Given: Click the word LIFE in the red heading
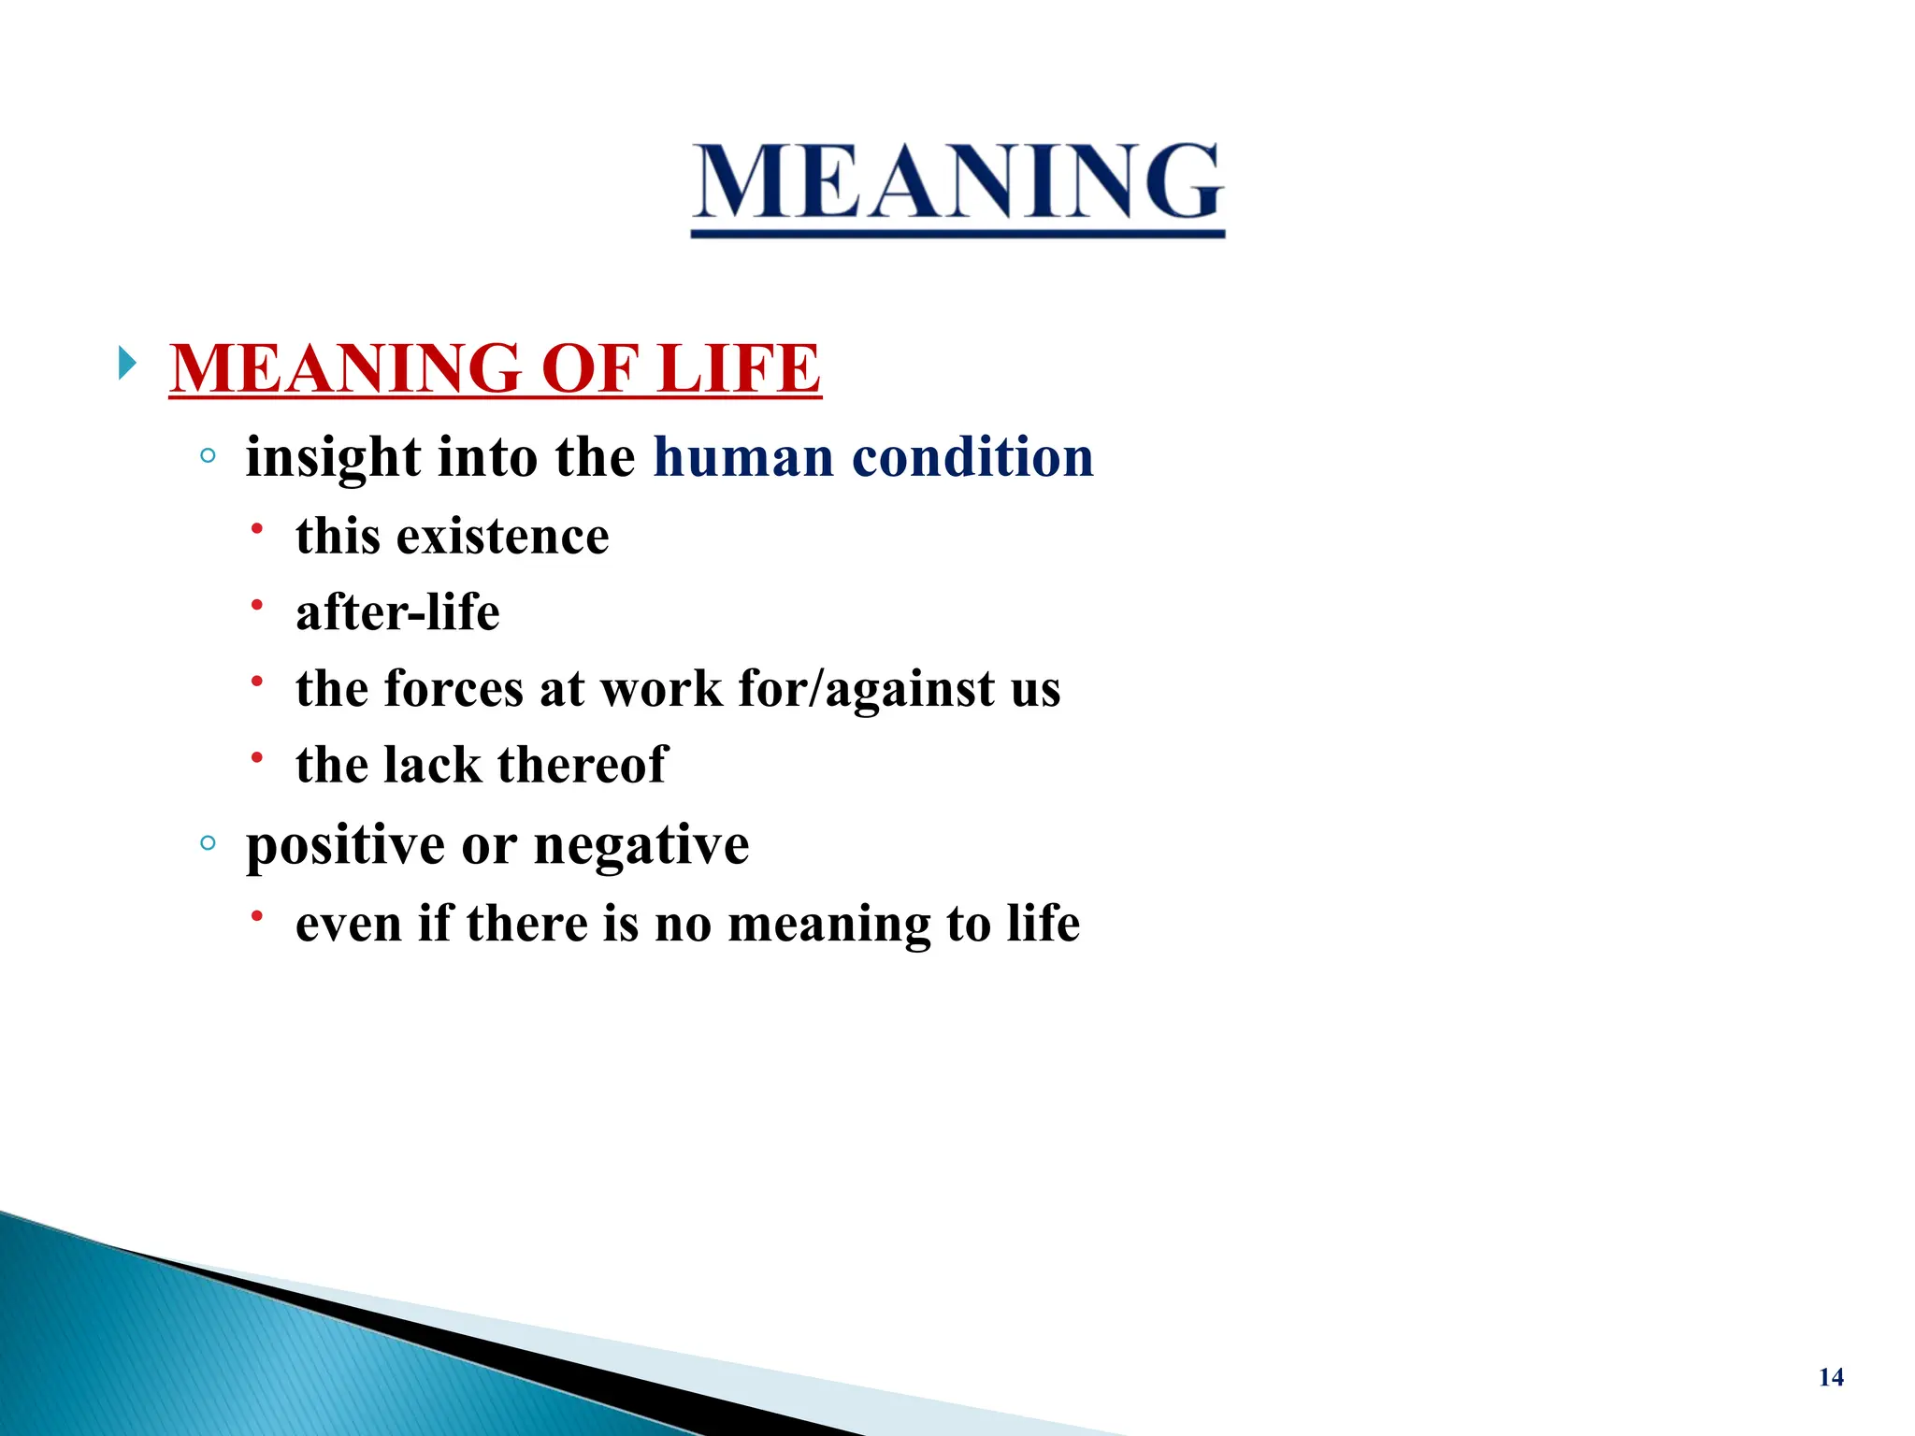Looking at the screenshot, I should click(738, 368).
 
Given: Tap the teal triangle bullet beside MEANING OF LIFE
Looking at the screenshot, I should click(127, 363).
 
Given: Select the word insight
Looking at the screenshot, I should click(333, 458).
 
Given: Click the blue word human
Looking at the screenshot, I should click(743, 458).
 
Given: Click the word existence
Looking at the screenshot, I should click(502, 537).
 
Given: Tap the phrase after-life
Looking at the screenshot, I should click(397, 613).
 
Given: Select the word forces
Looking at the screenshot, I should click(454, 690).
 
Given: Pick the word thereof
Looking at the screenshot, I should click(583, 766).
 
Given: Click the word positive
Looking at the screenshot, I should click(346, 846).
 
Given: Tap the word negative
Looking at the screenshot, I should click(641, 846).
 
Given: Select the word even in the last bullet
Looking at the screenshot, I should click(348, 924).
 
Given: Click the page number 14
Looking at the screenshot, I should click(1831, 1377).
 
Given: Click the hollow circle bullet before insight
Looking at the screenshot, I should click(208, 456).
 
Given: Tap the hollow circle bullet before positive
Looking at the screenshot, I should click(208, 843).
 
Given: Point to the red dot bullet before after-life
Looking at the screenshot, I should click(256, 605).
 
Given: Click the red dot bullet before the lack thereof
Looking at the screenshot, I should click(256, 757).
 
